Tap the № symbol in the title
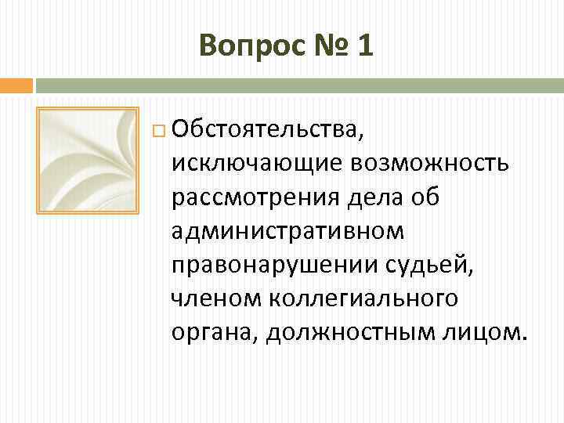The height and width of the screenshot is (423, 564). pos(324,46)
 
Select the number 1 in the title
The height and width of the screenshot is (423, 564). pos(364,46)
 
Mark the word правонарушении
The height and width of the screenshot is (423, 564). pos(274,265)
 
